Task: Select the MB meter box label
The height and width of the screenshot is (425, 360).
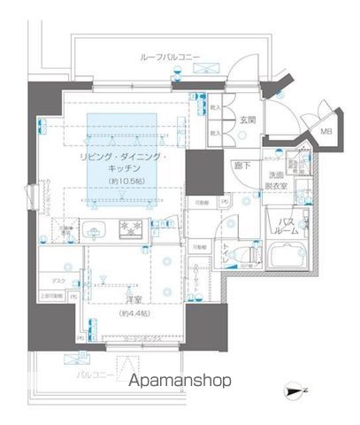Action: (x=326, y=133)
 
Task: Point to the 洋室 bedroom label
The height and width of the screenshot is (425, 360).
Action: (x=133, y=299)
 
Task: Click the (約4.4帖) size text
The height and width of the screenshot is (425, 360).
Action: (x=133, y=313)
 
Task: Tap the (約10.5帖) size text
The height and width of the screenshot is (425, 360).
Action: (x=128, y=181)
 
